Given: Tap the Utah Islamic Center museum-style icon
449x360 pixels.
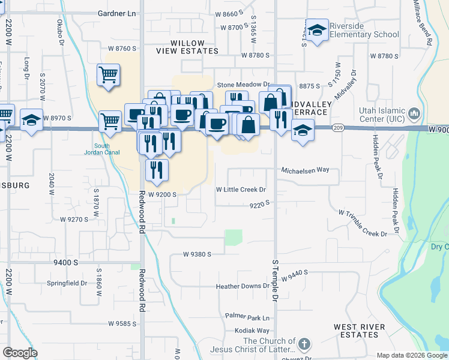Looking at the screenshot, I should click(x=414, y=113).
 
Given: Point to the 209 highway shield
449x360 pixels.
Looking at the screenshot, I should click(x=339, y=128).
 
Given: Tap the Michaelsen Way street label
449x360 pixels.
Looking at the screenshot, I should click(x=306, y=170).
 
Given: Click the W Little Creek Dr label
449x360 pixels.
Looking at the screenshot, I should click(x=241, y=190).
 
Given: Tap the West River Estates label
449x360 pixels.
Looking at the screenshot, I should click(x=360, y=331).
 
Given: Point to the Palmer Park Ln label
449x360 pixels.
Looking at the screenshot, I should click(x=248, y=316).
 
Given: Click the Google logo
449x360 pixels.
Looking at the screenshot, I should click(x=20, y=353).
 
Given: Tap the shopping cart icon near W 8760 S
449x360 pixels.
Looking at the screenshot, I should click(x=108, y=75).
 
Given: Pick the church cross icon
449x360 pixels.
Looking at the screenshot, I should click(x=304, y=344).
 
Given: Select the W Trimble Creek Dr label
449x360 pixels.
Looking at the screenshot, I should click(x=367, y=221).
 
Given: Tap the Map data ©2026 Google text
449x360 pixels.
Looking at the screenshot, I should click(x=411, y=355).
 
